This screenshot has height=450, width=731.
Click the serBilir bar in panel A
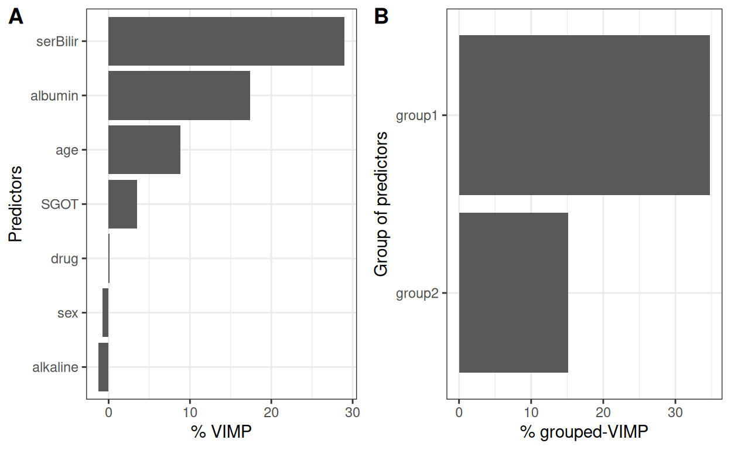click(x=226, y=41)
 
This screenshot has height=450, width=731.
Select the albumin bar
click(x=179, y=96)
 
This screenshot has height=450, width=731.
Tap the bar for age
click(x=144, y=149)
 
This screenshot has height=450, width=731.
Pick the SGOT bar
click(x=122, y=204)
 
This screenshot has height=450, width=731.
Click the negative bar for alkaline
click(x=103, y=367)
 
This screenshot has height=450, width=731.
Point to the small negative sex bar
click(x=105, y=312)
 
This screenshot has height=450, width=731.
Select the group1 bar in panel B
click(x=584, y=115)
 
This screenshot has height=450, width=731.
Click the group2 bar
click(x=513, y=292)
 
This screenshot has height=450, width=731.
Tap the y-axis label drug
click(x=64, y=258)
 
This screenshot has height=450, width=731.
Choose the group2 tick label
click(x=417, y=293)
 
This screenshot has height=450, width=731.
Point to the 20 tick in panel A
click(x=271, y=412)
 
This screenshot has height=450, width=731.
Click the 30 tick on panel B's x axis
click(x=675, y=412)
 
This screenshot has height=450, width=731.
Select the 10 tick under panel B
click(x=531, y=412)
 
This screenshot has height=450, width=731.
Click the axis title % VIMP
click(x=221, y=432)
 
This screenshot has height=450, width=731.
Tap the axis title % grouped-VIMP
click(x=584, y=432)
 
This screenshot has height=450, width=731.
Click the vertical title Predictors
click(x=16, y=204)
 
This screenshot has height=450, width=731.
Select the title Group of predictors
click(x=381, y=204)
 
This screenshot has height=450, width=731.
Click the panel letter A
click(x=16, y=18)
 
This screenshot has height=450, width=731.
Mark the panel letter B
click(x=381, y=18)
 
